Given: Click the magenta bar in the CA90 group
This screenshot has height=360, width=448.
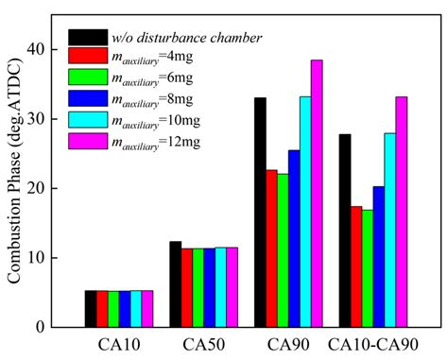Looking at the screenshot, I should (317, 194).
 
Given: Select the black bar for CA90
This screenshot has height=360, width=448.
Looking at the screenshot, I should (260, 213).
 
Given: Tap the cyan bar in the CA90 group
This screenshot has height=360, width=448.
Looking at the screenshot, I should (305, 212).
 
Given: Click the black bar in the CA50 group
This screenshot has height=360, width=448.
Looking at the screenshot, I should (175, 284).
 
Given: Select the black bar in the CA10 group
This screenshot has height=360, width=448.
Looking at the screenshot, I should (91, 309).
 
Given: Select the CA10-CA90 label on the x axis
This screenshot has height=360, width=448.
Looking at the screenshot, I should (372, 344).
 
